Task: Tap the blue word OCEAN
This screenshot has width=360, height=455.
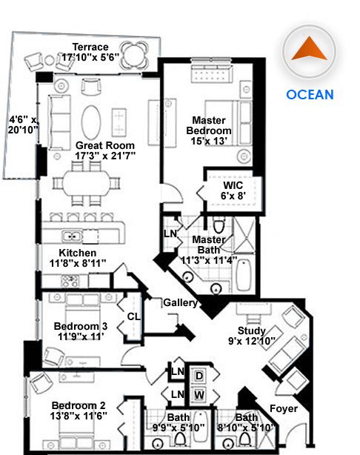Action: click(x=310, y=95)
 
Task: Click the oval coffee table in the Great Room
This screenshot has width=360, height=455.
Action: click(x=91, y=122)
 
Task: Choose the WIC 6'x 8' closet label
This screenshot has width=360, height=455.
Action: click(x=233, y=190)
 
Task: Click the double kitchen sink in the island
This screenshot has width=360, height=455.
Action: click(x=72, y=236)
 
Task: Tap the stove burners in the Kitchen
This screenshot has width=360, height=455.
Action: click(x=70, y=281)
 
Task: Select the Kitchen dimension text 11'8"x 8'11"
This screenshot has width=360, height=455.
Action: click(x=78, y=263)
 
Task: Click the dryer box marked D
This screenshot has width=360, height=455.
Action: click(x=199, y=376)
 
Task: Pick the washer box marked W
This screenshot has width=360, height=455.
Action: click(x=199, y=395)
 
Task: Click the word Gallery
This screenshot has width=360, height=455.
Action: click(x=181, y=302)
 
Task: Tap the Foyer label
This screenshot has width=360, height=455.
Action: click(x=284, y=408)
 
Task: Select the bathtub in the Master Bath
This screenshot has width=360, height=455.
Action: click(x=244, y=275)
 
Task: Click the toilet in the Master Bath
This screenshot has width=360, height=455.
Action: click(x=219, y=226)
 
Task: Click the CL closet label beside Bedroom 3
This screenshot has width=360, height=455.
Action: click(x=134, y=316)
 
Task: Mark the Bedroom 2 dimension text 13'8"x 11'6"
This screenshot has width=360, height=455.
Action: click(x=79, y=416)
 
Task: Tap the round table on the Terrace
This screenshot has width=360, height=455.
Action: click(x=135, y=54)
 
